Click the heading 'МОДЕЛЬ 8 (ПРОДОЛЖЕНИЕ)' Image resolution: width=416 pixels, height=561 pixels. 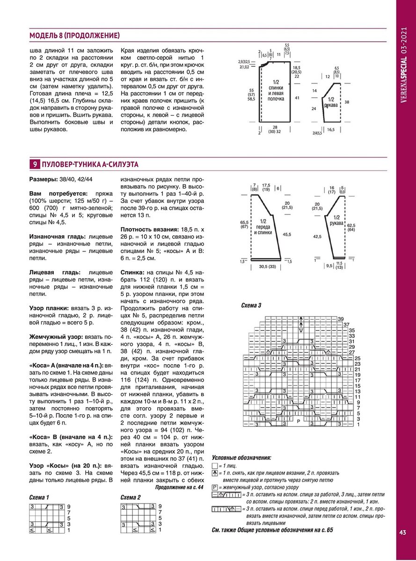tap(74, 36)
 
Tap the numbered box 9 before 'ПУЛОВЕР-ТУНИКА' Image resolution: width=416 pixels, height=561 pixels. tap(35, 165)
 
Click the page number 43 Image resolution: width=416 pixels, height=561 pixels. tap(403, 532)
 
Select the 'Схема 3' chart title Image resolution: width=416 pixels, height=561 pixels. tap(251, 305)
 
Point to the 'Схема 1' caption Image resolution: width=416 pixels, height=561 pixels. tap(39, 497)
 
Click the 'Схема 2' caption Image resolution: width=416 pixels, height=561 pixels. tap(131, 497)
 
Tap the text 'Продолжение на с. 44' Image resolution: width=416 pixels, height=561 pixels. tap(179, 487)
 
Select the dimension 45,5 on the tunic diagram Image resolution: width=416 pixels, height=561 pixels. tap(287, 234)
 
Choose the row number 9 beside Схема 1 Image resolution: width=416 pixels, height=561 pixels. tap(68, 507)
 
